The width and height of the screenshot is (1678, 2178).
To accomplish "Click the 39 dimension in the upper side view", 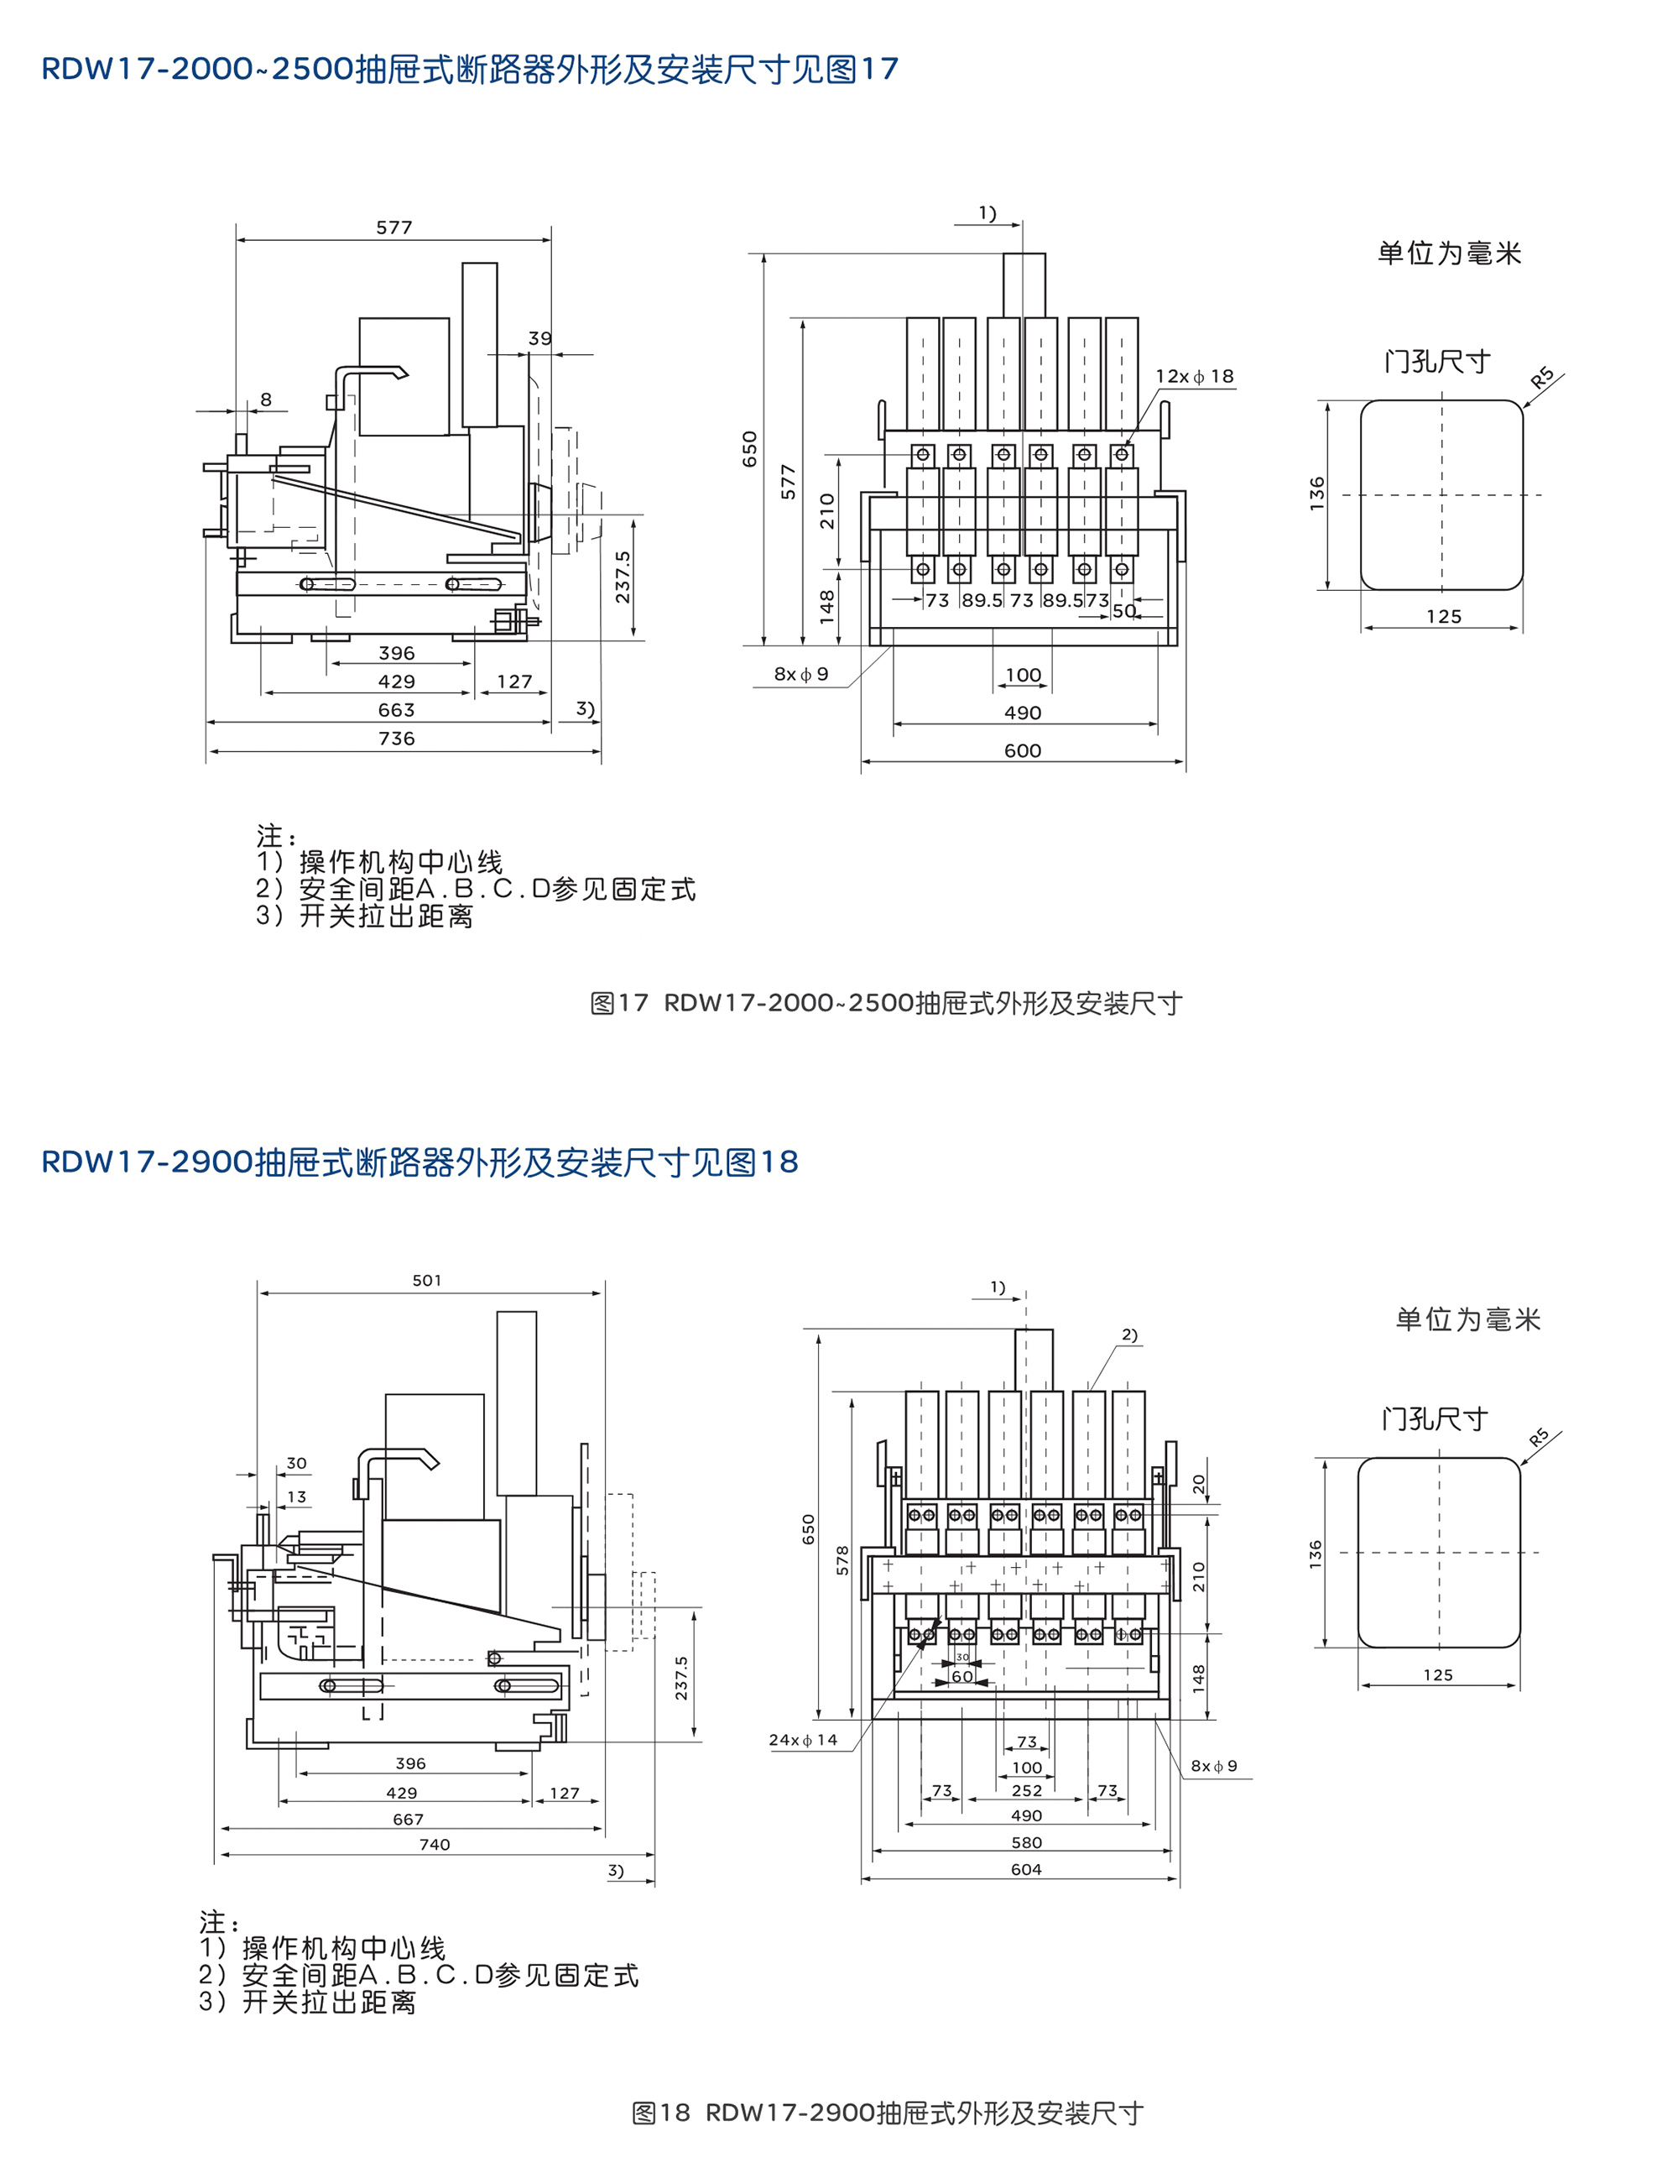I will [x=539, y=339].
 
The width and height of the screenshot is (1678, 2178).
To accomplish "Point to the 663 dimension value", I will [x=396, y=710].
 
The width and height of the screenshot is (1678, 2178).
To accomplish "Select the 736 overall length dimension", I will [x=396, y=739].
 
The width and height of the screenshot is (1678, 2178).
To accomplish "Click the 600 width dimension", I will [x=1023, y=751].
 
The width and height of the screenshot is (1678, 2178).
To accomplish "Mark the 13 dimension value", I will [x=297, y=1496].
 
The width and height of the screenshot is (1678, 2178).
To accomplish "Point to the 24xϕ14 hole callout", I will [x=803, y=1740].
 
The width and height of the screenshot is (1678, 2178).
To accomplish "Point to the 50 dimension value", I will [x=1123, y=611].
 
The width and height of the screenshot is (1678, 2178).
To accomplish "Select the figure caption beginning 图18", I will [x=888, y=2113].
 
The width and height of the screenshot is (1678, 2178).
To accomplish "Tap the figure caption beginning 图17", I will [x=885, y=1003].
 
